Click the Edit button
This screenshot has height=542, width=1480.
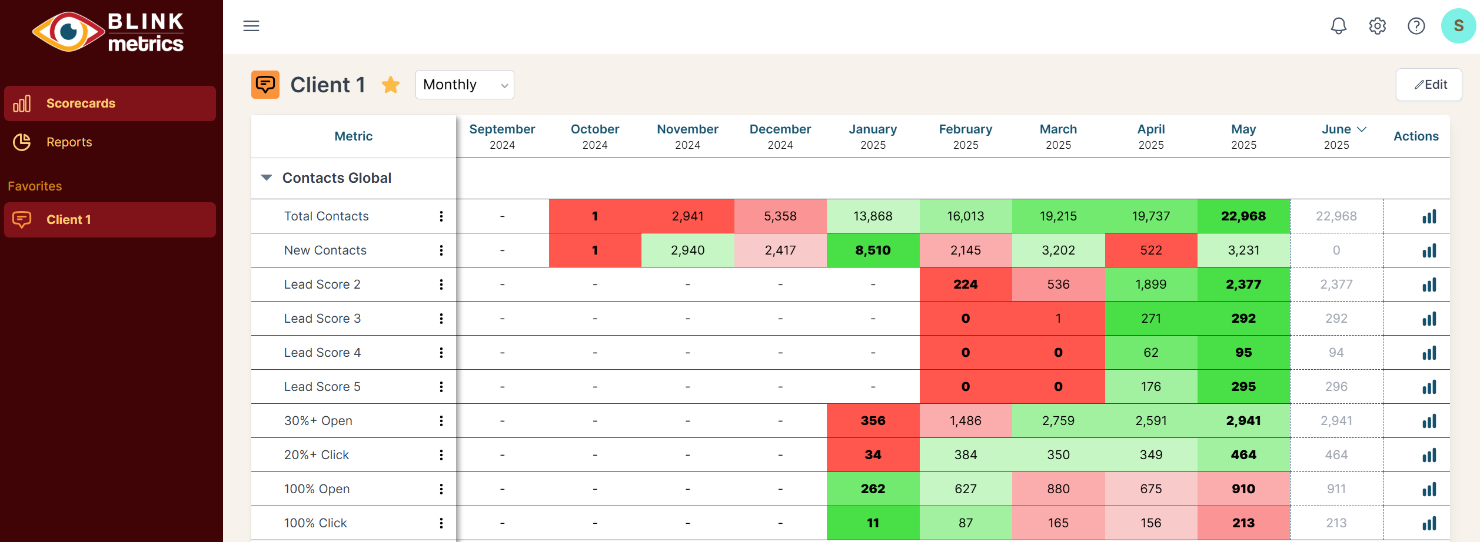1428,85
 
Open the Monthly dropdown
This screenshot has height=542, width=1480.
464,85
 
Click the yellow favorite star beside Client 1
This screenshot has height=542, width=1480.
391,85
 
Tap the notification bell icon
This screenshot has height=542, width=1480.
1338,26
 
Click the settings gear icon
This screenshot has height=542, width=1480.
1377,26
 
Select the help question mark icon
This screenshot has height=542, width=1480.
1416,26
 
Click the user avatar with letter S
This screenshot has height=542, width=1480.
1458,26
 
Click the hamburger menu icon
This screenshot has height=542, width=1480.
251,26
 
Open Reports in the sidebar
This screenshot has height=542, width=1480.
69,142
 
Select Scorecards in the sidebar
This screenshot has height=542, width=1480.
81,103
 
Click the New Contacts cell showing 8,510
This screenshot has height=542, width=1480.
873,250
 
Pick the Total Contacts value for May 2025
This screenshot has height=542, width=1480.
1243,216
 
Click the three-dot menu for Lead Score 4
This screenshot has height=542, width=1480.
441,353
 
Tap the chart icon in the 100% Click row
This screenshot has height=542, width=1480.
1429,523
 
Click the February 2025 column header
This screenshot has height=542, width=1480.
965,136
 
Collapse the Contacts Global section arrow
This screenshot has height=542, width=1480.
267,178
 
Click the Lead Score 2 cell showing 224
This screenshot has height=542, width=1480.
965,285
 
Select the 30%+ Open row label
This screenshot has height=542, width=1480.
318,421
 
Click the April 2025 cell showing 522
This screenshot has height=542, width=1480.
1150,250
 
